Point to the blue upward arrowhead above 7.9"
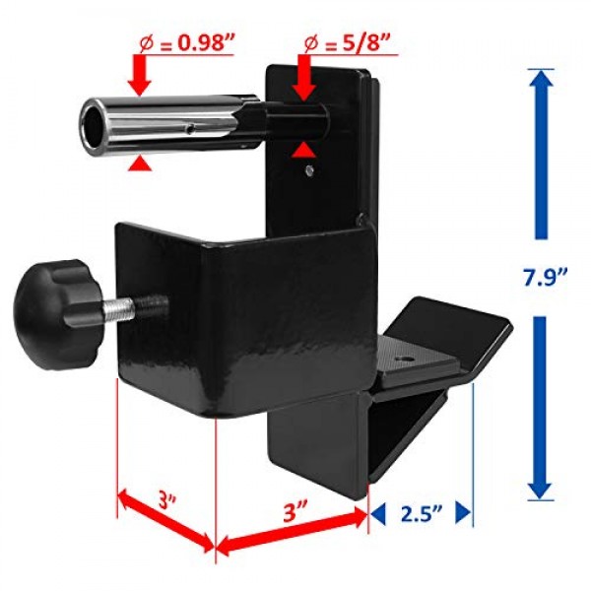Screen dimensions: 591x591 (538, 89)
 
